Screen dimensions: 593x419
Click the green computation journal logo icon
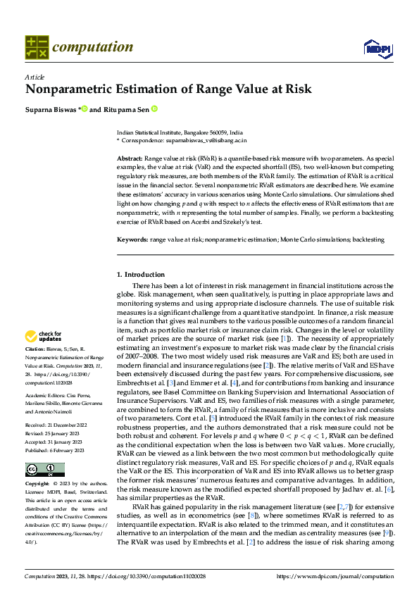click(x=36, y=47)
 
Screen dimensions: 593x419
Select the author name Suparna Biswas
click(x=51, y=110)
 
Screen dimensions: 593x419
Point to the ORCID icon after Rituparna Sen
click(x=154, y=110)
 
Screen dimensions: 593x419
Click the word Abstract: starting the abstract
click(x=130, y=160)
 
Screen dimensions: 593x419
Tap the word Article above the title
click(x=35, y=77)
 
